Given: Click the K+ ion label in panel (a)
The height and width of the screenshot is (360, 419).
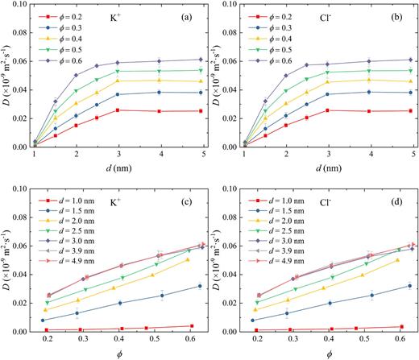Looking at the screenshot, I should click(x=131, y=16).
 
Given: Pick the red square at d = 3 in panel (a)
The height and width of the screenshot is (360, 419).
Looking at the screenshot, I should click(x=118, y=110).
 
